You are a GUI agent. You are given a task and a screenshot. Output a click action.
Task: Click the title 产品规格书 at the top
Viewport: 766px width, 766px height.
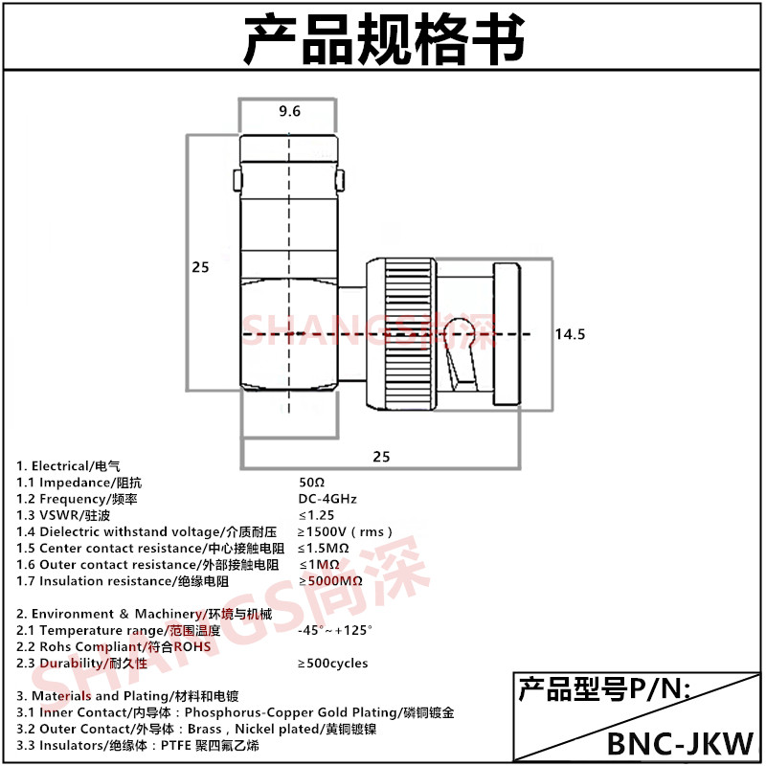tap(383, 38)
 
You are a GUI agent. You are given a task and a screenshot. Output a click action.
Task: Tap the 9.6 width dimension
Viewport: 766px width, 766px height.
tap(289, 112)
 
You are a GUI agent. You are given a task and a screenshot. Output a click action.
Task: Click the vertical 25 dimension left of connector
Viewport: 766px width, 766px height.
tap(200, 268)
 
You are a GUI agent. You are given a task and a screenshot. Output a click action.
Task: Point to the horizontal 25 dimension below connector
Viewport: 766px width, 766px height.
tap(381, 457)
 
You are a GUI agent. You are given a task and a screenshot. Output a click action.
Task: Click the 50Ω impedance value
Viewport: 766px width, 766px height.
tap(312, 483)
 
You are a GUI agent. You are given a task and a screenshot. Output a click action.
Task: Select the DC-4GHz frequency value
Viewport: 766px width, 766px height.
tap(327, 499)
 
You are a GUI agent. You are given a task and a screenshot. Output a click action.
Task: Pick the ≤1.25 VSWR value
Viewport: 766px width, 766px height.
tap(317, 515)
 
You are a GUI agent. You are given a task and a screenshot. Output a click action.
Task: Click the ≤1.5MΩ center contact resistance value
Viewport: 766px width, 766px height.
tap(323, 548)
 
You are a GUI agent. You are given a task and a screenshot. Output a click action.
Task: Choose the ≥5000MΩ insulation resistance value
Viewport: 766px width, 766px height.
tap(330, 581)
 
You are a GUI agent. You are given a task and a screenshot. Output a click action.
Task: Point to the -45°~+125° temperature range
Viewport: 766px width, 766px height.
tap(335, 630)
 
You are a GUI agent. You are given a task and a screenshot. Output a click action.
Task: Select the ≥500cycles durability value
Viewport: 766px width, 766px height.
tap(332, 663)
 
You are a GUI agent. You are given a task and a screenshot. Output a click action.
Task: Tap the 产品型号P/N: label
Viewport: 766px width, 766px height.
tap(603, 688)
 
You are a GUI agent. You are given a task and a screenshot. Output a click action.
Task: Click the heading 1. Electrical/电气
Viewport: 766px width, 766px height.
tap(69, 466)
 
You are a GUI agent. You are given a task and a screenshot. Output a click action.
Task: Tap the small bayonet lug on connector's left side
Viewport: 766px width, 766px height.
tap(237, 179)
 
